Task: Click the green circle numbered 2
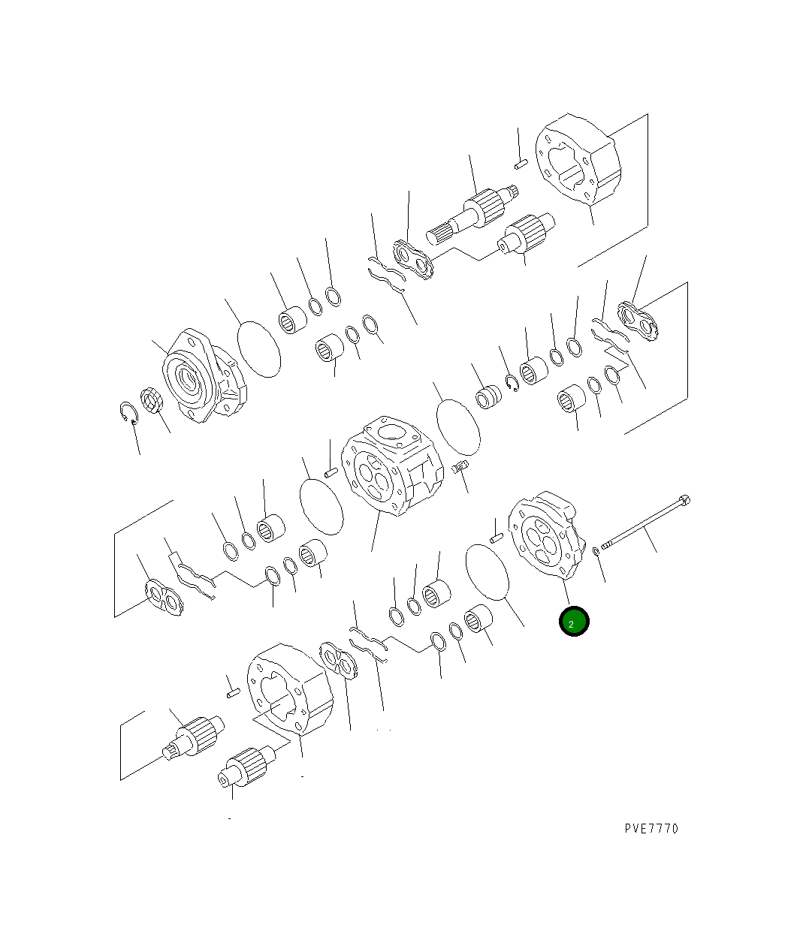[x=574, y=621]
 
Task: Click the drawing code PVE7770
[x=651, y=829]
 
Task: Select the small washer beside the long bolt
[x=596, y=551]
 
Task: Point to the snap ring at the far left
[x=128, y=412]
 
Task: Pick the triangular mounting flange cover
[x=204, y=375]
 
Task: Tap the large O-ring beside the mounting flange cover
[x=259, y=349]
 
